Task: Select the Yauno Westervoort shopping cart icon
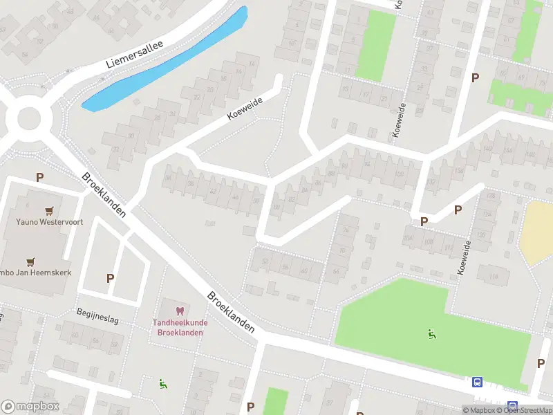(49, 210)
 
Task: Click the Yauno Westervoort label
(45, 223)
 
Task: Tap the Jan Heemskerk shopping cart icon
(30, 261)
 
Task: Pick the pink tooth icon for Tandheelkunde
(180, 311)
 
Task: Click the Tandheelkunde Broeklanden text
(178, 327)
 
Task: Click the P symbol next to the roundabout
(39, 177)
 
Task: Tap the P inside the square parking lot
(109, 278)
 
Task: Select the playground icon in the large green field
(432, 334)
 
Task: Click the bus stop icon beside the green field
(477, 382)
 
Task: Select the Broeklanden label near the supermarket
(104, 194)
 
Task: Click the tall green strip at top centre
(375, 45)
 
